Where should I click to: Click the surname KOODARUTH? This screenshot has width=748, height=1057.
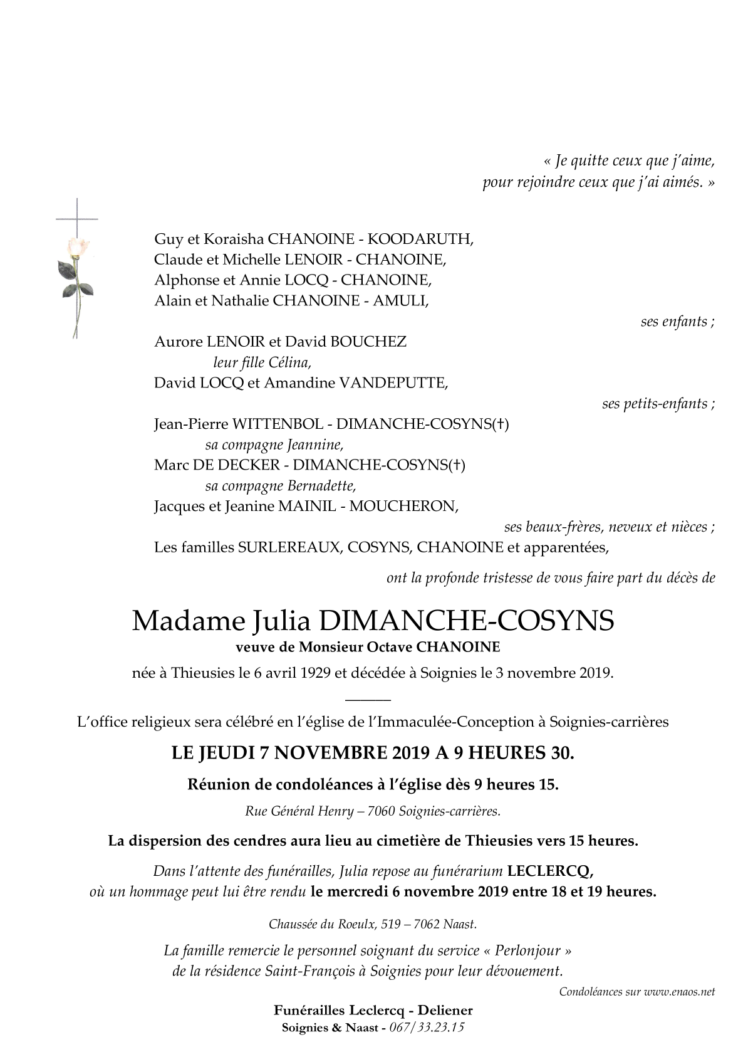tap(420, 239)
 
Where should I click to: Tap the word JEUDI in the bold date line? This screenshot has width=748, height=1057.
tap(226, 753)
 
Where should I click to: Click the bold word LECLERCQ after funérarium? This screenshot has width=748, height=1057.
tap(549, 871)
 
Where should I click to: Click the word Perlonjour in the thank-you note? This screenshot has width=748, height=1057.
tap(531, 951)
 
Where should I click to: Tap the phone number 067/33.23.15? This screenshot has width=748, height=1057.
tap(427, 1028)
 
